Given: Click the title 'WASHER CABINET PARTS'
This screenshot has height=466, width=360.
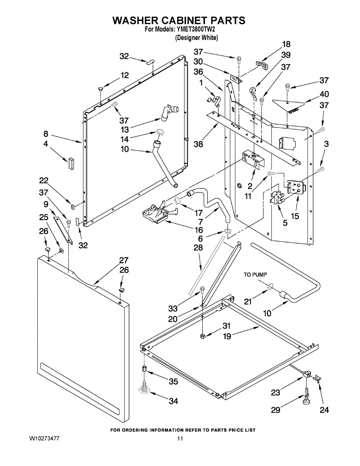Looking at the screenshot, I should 179,21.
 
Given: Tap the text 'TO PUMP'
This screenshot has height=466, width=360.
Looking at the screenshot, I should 256,275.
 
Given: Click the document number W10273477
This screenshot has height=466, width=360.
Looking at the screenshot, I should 44,439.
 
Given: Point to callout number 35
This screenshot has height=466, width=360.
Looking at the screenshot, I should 173,382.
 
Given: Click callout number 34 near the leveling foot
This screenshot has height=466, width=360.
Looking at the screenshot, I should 173,401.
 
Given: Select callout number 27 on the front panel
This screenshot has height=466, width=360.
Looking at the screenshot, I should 123,260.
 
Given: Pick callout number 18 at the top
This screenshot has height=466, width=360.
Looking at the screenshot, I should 286,44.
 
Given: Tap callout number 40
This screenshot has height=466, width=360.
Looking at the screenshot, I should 324,94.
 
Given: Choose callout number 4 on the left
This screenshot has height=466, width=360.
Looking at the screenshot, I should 46,144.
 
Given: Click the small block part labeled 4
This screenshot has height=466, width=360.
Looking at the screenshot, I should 71,163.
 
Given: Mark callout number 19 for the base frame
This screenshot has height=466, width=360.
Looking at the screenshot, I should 227,336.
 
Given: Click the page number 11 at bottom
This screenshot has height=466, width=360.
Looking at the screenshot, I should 180,439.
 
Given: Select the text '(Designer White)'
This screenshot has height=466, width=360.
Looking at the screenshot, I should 196,38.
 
